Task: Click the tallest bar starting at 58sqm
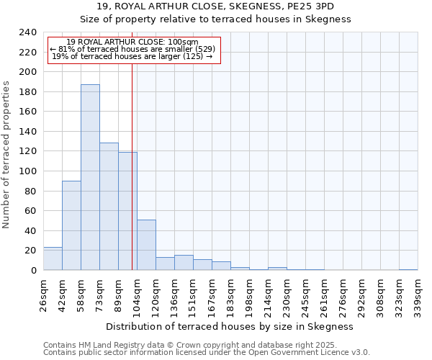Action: (x=90, y=177)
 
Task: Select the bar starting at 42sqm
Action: (x=71, y=225)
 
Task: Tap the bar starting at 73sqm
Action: (x=109, y=207)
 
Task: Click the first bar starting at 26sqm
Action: (x=53, y=258)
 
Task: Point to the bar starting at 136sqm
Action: (x=184, y=263)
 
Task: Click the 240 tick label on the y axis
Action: (x=27, y=32)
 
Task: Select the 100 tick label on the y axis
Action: (x=27, y=171)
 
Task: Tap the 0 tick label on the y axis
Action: (x=33, y=271)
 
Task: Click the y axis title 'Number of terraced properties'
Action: (x=6, y=154)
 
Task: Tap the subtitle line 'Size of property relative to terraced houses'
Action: (x=215, y=19)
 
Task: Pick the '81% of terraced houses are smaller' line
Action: (x=132, y=49)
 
